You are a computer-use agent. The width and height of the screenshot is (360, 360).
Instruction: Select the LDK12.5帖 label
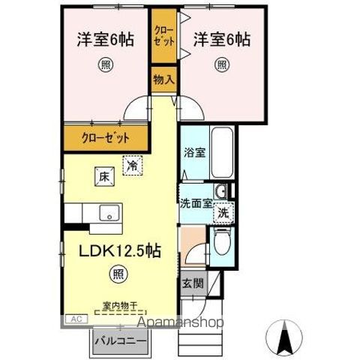click(x=117, y=249)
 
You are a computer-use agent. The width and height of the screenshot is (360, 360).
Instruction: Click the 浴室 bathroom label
click(x=195, y=152)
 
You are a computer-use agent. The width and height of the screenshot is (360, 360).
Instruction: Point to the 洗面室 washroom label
click(x=194, y=202)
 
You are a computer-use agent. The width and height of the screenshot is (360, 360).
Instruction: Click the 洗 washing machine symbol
click(x=223, y=212)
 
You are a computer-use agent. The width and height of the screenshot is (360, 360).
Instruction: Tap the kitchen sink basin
click(x=108, y=211)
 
